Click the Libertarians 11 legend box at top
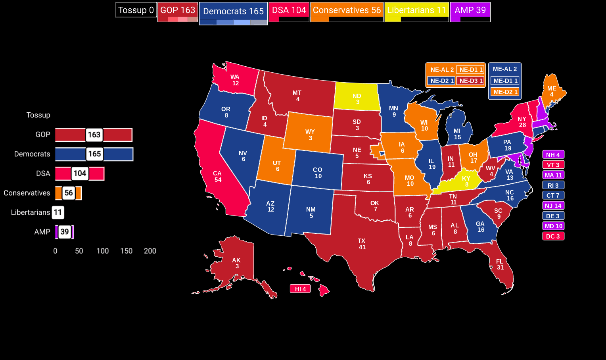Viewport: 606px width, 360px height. [x=416, y=10]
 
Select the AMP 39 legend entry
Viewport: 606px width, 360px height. [x=470, y=10]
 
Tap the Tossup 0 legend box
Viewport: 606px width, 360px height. [x=136, y=10]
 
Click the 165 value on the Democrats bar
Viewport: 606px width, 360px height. [x=94, y=154]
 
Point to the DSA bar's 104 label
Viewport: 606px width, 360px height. [x=80, y=173]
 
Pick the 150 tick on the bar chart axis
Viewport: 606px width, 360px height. [x=126, y=251]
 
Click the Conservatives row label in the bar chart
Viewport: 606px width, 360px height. [x=27, y=193]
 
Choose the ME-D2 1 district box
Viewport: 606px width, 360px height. [x=505, y=92]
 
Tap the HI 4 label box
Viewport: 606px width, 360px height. [x=300, y=289]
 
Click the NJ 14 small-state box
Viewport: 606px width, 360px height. [x=553, y=206]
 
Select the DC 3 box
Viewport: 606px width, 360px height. [x=553, y=236]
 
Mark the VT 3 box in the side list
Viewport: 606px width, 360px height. [x=553, y=165]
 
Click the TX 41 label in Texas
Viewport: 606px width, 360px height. [x=362, y=244]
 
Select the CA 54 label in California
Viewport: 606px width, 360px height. [x=217, y=176]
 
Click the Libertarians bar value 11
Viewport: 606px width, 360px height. [x=58, y=212]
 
